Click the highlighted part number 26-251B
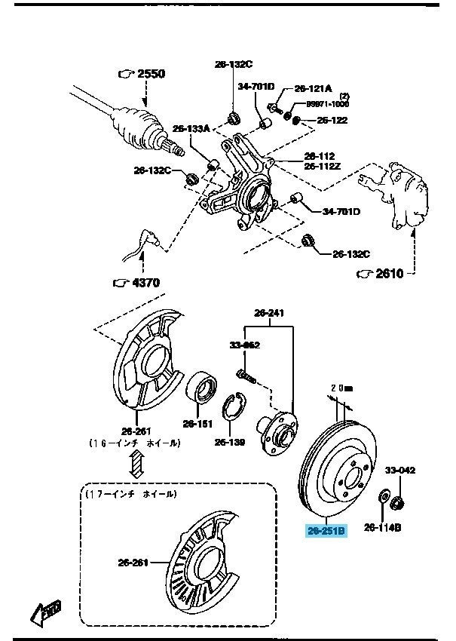326,531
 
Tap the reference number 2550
149,74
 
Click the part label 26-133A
190,128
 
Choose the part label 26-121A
312,87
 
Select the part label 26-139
229,443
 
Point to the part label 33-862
244,345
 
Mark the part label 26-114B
383,526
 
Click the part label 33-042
400,469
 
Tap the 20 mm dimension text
341,388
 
